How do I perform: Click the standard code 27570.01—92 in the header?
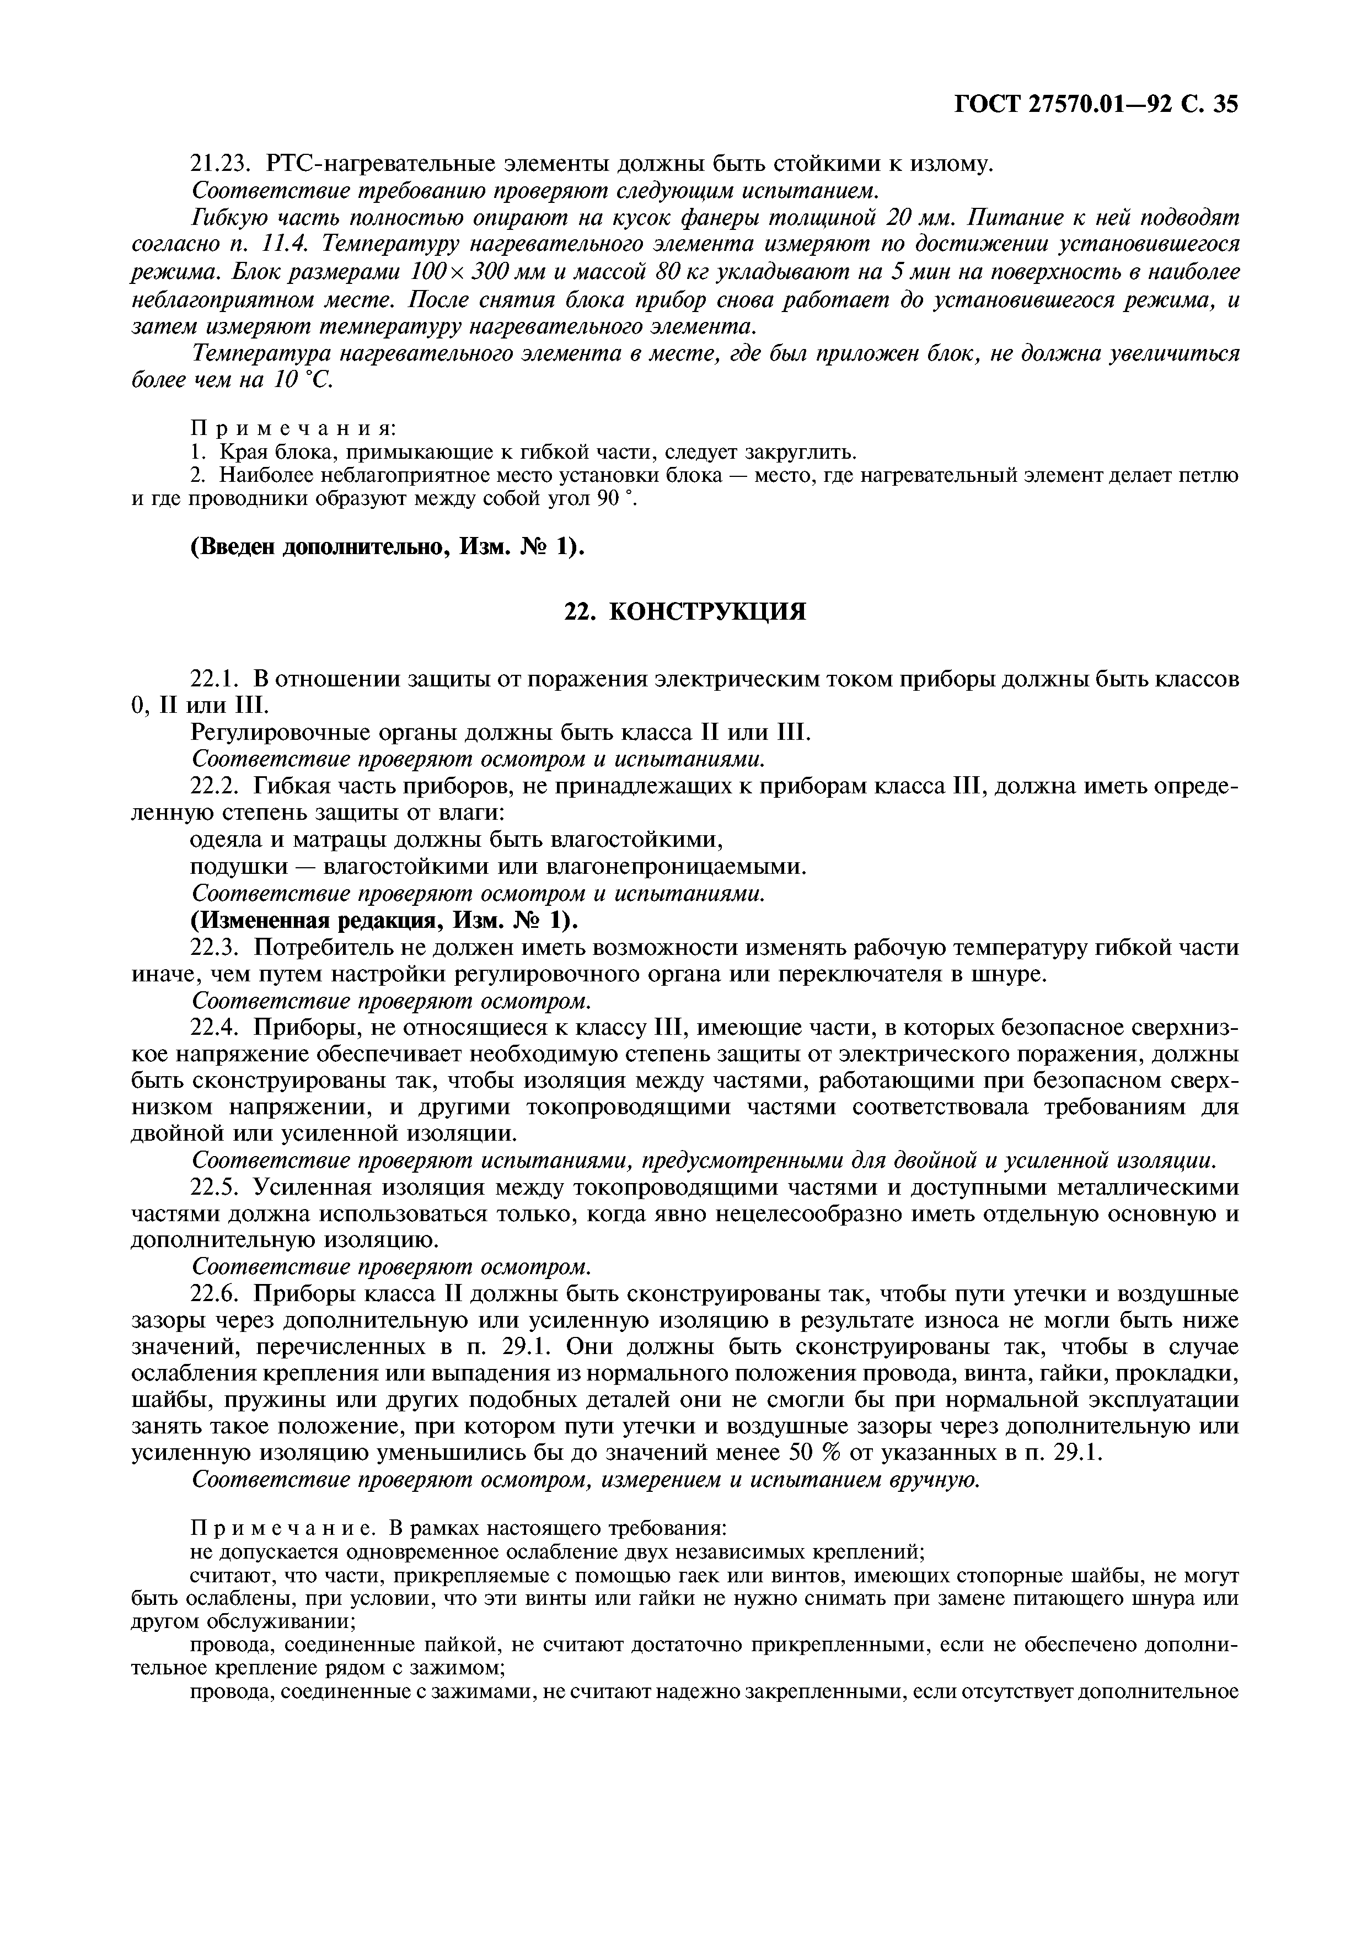[x=1092, y=104]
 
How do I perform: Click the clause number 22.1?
[x=217, y=679]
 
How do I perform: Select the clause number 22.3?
[x=217, y=948]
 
